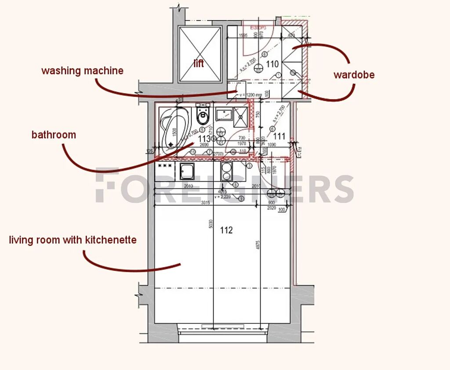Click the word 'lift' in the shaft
[x=199, y=64]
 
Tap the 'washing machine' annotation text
[x=82, y=71]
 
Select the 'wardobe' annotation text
[x=354, y=75]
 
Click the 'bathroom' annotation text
[x=54, y=135]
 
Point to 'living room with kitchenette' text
[x=73, y=240]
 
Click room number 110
[x=272, y=64]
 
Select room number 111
[x=279, y=137]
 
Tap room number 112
[x=226, y=230]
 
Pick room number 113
[x=205, y=139]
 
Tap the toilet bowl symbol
[x=203, y=117]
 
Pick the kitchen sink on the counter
[x=187, y=171]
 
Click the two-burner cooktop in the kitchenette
[x=227, y=171]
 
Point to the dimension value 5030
[x=211, y=224]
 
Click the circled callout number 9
[x=241, y=199]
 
